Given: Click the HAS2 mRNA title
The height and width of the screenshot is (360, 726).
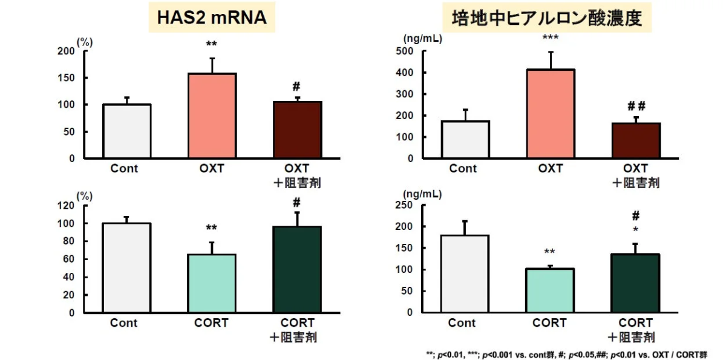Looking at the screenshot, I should [212, 18].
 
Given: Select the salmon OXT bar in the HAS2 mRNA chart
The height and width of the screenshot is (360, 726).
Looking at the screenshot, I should [212, 116].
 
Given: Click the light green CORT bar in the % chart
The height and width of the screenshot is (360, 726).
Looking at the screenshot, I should [211, 284].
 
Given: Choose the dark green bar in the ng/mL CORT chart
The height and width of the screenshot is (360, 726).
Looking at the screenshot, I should [635, 283].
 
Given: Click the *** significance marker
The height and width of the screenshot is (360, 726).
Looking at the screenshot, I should [550, 38].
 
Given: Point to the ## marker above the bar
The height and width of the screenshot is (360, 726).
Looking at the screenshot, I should [636, 106].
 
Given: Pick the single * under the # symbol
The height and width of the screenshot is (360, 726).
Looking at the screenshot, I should [635, 231].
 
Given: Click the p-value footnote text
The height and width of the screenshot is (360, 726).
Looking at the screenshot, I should [567, 354].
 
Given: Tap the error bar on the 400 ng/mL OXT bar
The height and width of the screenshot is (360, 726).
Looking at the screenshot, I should [551, 61].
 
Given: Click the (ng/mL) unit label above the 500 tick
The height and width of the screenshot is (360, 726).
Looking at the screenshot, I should [422, 39].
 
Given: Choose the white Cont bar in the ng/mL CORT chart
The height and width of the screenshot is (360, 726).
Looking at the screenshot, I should [466, 273].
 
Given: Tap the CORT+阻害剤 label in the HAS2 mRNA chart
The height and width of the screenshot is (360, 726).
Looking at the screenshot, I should [296, 330].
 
